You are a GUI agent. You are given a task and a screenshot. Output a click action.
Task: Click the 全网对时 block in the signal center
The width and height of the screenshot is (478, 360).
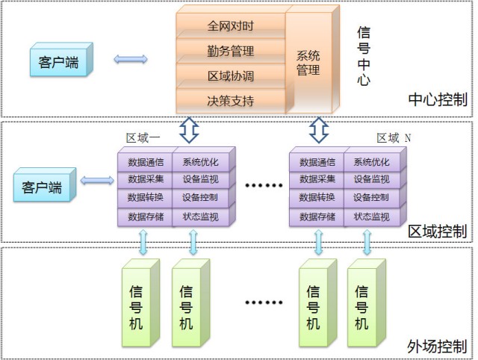click(x=230, y=26)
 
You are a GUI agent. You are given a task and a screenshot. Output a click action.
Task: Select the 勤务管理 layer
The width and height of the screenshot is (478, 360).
click(x=230, y=52)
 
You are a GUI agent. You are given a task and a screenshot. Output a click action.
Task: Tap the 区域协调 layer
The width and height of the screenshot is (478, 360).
click(x=230, y=76)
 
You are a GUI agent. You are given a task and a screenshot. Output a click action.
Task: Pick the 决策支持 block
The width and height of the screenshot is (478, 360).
click(x=230, y=99)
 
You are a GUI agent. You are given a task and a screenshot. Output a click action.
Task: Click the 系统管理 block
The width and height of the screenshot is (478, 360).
click(x=308, y=63)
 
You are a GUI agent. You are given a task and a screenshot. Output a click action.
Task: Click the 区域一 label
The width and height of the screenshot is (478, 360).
click(x=143, y=137)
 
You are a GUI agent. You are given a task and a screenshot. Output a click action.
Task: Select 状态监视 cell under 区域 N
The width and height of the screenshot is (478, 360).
click(x=370, y=217)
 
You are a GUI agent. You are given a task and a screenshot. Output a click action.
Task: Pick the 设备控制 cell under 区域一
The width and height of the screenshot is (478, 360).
click(x=201, y=198)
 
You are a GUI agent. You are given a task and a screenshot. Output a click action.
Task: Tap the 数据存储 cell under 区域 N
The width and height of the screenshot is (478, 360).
click(x=317, y=217)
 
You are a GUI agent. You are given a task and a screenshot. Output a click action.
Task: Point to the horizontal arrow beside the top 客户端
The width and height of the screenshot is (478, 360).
click(x=130, y=59)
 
